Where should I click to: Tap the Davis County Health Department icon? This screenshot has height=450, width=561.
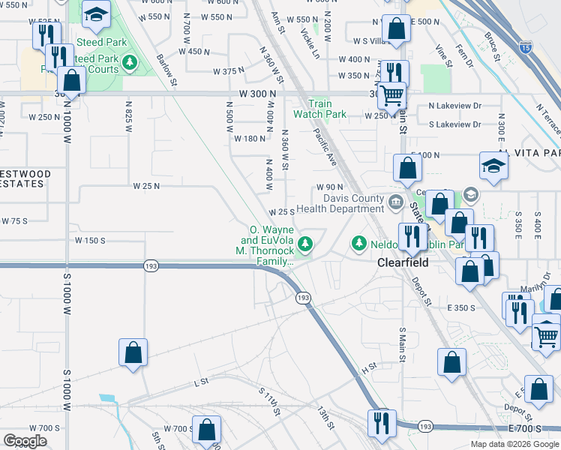point(395,200)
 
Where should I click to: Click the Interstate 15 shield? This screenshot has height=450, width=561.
point(525,48)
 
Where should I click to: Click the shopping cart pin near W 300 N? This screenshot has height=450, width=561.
point(391,94)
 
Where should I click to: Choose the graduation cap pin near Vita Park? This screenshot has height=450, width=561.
point(493,166)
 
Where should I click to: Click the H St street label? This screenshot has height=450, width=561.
point(368,369)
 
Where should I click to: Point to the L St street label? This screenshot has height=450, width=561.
point(200,382)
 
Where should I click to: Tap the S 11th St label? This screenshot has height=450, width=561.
point(269,402)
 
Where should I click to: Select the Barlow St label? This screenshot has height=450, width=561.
point(167,70)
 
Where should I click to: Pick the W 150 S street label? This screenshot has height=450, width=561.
point(90,241)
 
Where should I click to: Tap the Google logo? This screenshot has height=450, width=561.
point(25,442)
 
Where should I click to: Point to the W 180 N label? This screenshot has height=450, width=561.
point(250,139)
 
